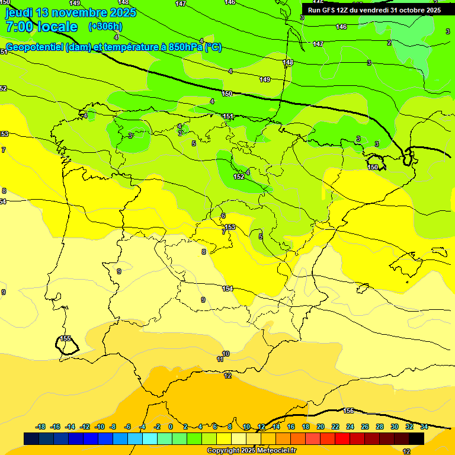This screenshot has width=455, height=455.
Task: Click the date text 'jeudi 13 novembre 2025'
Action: tap(71, 12)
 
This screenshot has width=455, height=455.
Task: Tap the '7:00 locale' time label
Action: tap(41, 27)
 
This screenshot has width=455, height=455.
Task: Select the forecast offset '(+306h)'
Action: tap(105, 27)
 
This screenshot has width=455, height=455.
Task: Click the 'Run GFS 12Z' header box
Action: tap(374, 10)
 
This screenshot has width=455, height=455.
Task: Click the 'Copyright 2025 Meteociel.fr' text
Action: tap(251, 451)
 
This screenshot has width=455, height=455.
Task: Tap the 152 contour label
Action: tap(239, 177)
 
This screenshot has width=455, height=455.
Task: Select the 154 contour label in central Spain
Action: tap(227, 289)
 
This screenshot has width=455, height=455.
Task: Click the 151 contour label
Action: tap(228, 116)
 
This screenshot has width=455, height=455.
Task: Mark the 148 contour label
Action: tap(288, 62)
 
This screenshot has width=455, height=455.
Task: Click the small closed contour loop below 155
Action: tap(66, 347)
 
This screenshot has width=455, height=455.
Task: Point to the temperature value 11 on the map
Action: tap(220, 359)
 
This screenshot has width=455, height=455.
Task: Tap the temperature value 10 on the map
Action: tap(226, 354)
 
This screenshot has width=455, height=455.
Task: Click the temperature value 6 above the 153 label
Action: tap(223, 216)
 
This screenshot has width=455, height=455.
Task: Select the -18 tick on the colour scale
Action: tap(41, 427)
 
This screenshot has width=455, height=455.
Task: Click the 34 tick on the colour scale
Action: tap(424, 427)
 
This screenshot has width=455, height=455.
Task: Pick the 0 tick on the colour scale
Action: tap(171, 427)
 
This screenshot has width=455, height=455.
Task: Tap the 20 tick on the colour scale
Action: tap(321, 427)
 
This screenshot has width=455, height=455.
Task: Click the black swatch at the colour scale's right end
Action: tap(416, 438)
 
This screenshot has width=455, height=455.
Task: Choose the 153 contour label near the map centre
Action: tap(230, 227)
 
